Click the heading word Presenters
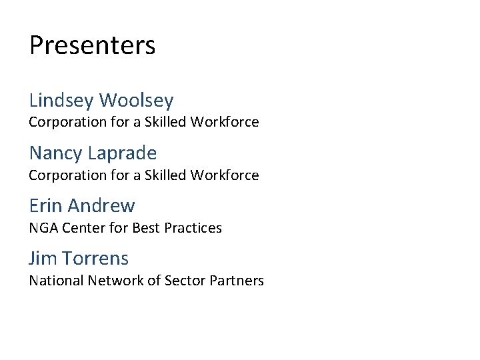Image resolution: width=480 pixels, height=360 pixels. tap(92, 46)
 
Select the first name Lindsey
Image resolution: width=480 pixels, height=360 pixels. tap(61, 101)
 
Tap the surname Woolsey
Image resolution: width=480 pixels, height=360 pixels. tap(136, 101)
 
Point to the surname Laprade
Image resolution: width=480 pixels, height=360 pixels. tap(122, 153)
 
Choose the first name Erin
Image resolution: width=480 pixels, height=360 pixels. tap(45, 205)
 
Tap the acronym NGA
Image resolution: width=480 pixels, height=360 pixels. tap(43, 228)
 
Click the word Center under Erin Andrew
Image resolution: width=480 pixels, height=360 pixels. tap(83, 228)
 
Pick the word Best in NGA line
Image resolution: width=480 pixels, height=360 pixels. tap(146, 228)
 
